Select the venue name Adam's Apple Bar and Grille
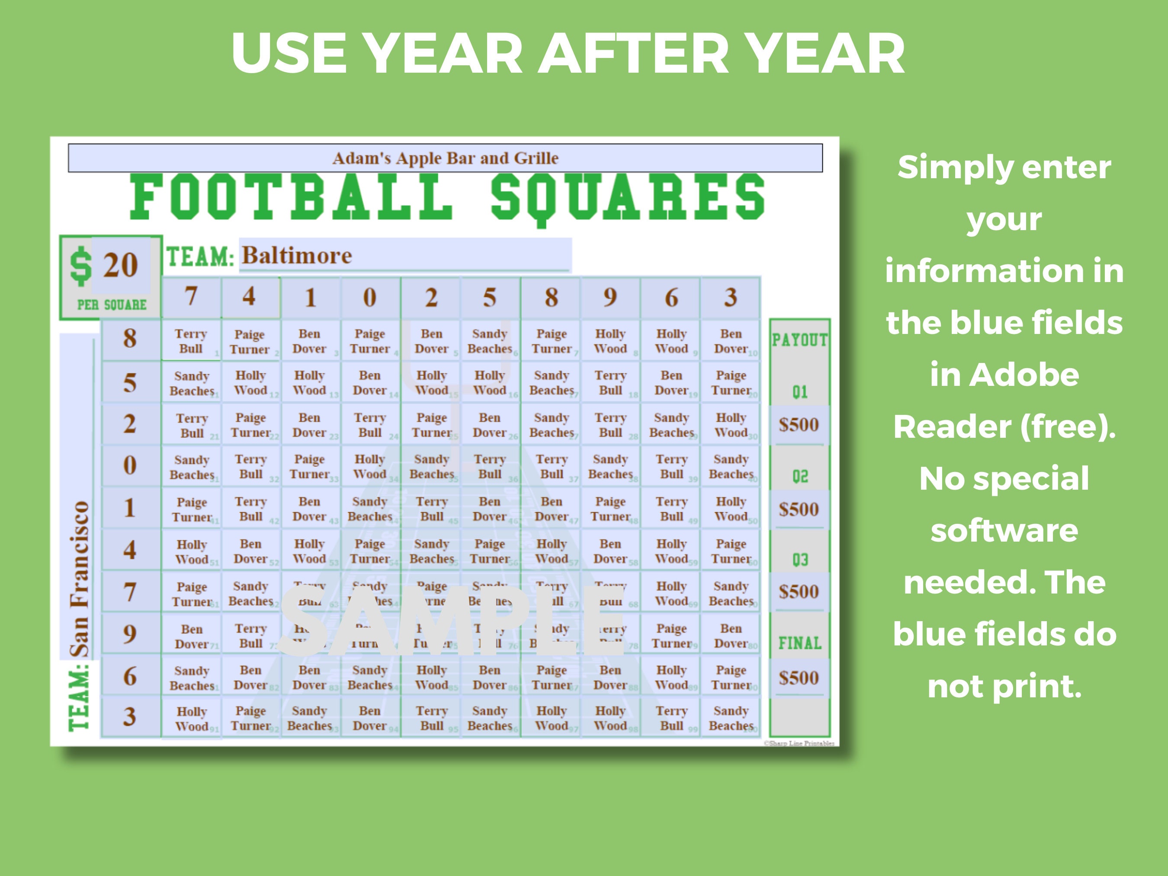tap(445, 158)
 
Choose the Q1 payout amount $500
tap(799, 424)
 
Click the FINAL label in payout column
tap(799, 643)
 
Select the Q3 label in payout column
tap(800, 560)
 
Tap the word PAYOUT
tap(799, 340)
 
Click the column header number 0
tap(369, 297)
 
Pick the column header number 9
tap(610, 297)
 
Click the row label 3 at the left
tap(130, 716)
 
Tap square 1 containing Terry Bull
tap(191, 341)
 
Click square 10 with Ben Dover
tap(731, 341)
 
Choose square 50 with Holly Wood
tap(731, 509)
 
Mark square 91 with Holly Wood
tap(191, 719)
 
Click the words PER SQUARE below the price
tap(112, 305)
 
